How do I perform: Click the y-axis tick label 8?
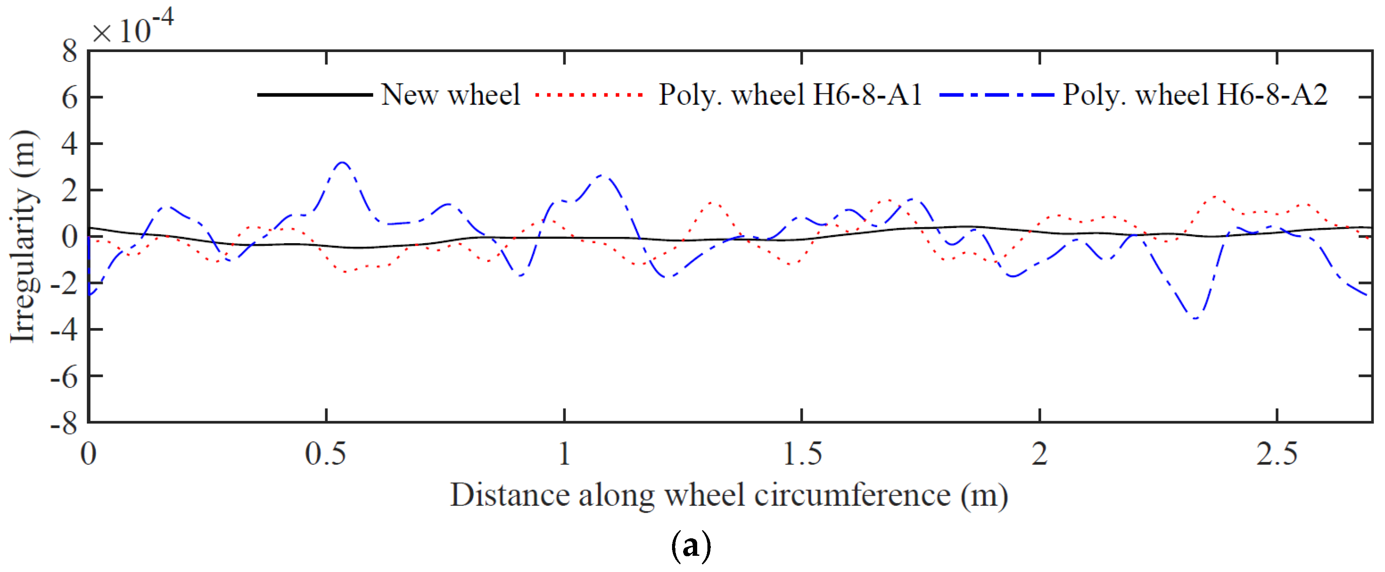[70, 52]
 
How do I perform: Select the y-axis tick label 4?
[70, 145]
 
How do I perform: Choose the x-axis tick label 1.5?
[802, 453]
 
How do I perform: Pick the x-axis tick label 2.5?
[1276, 453]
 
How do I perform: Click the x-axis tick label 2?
[1039, 453]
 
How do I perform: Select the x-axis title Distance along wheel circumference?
[729, 495]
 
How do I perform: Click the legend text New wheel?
[450, 95]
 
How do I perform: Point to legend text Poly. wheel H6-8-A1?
[790, 95]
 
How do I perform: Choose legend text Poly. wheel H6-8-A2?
[1195, 95]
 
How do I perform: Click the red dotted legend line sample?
[589, 95]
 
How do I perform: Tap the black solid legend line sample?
[315, 95]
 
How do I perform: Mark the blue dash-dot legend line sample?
[996, 95]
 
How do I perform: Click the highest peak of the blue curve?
[343, 162]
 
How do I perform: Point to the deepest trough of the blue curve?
[1195, 319]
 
